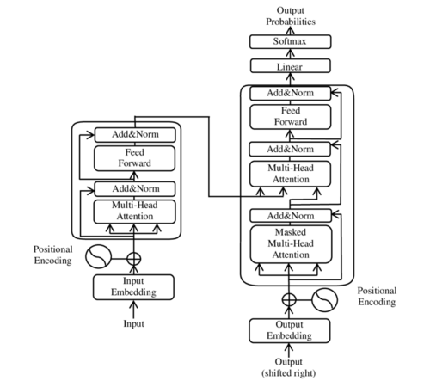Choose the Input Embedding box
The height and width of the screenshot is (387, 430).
[133, 286]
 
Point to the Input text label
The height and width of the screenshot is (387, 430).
[133, 324]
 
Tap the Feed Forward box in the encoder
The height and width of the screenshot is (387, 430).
[133, 157]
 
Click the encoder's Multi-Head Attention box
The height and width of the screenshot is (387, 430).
[133, 211]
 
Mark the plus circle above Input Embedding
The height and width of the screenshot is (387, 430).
[133, 257]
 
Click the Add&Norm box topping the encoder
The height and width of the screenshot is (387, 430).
[133, 134]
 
